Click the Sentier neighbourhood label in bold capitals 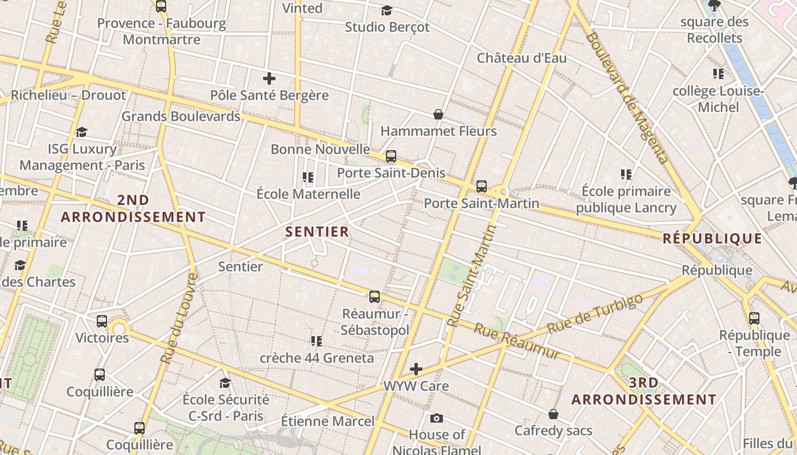[317, 231]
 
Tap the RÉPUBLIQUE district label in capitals [712, 238]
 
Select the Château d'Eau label [521, 58]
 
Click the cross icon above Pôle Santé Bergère [269, 78]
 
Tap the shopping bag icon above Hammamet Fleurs [438, 114]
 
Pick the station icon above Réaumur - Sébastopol [375, 296]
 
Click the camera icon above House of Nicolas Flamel [437, 419]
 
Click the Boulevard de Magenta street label [626, 97]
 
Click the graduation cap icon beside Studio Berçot [387, 10]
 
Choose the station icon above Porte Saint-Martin [482, 186]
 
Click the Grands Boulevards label [181, 116]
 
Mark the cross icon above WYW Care [416, 369]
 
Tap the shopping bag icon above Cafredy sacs [553, 413]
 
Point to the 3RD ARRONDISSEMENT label [644, 391]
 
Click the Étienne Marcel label [328, 421]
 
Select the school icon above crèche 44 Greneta [317, 341]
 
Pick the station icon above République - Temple [754, 318]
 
